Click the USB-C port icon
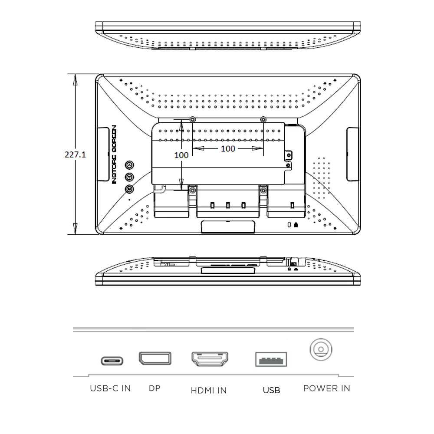pyautogui.click(x=112, y=361)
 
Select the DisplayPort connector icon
pyautogui.click(x=155, y=358)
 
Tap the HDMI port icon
pyautogui.click(x=210, y=359)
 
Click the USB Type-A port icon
pyautogui.click(x=271, y=359)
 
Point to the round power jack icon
pyautogui.click(x=321, y=349)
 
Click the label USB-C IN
pyautogui.click(x=110, y=388)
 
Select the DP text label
pyautogui.click(x=155, y=388)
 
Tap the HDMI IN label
pyautogui.click(x=209, y=390)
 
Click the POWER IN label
pyautogui.click(x=327, y=388)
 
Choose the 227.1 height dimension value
pyautogui.click(x=75, y=155)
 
